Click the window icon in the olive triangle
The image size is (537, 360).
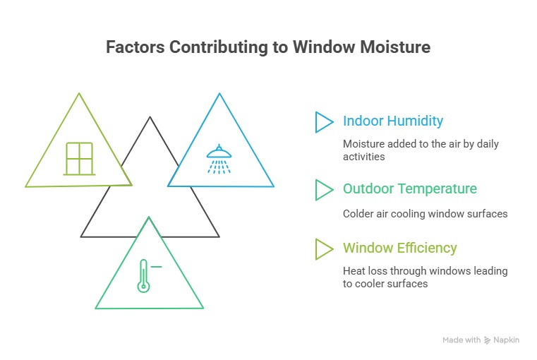[79, 158]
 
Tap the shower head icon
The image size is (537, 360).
[219, 160]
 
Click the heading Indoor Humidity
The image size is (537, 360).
[393, 121]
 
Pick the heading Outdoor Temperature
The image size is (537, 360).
[409, 188]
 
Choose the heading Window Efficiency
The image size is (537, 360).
[399, 248]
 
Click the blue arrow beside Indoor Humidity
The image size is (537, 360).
[324, 121]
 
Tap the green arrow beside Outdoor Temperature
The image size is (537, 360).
[324, 189]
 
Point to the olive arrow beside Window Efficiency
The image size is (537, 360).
[324, 248]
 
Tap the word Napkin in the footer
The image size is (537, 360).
[507, 340]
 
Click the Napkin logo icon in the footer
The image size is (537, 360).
[487, 340]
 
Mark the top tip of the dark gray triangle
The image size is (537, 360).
[150, 117]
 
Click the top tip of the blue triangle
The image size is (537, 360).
[219, 94]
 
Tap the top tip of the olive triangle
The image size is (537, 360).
[79, 94]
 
